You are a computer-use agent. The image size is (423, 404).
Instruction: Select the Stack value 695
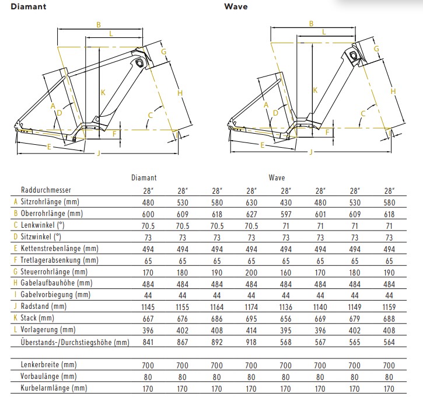point(251,318)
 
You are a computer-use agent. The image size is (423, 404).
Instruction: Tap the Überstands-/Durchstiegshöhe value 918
point(251,342)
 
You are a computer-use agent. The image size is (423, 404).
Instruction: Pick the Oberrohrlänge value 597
point(286,214)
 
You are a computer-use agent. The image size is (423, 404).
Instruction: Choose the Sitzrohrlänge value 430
point(286,202)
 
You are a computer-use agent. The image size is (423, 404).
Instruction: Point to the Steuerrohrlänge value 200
point(251,271)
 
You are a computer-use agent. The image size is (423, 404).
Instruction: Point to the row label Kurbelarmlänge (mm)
point(49,388)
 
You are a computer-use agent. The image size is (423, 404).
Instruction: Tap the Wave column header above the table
point(277,177)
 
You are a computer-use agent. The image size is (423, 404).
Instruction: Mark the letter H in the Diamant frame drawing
point(180,93)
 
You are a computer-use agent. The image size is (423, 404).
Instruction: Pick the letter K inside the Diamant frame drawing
point(103,92)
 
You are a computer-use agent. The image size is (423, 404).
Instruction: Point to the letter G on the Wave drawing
point(377,49)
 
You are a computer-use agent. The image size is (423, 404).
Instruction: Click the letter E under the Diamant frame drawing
point(48,146)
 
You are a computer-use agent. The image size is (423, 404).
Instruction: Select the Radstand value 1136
point(286,306)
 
